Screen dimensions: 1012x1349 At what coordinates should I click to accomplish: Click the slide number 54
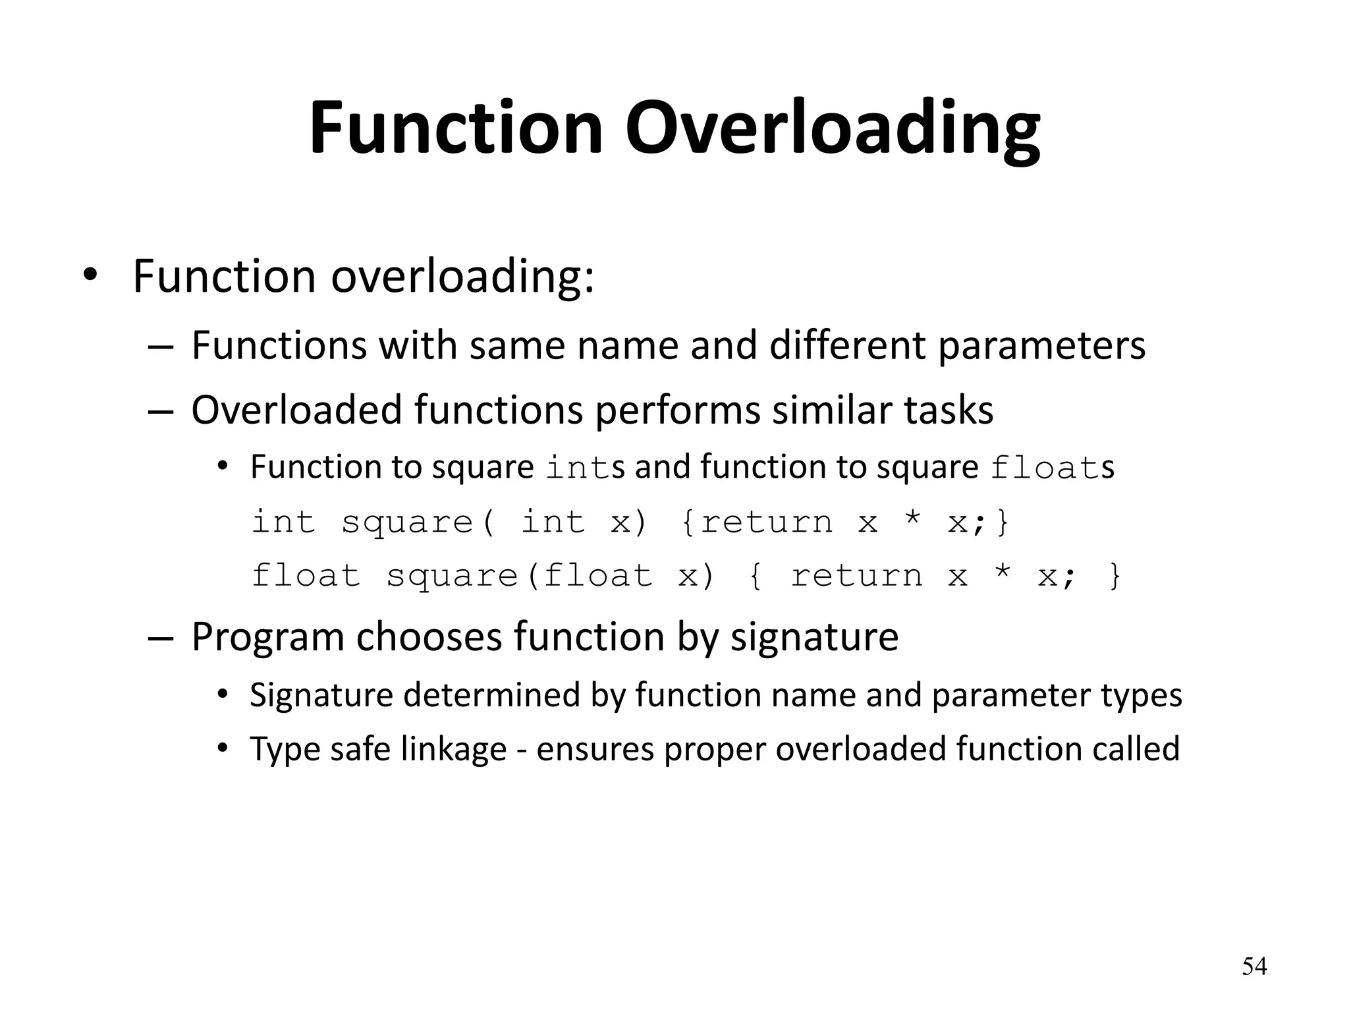(1254, 967)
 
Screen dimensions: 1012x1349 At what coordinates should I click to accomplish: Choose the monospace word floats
(1052, 468)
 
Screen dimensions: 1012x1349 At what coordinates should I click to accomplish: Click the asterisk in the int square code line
(912, 520)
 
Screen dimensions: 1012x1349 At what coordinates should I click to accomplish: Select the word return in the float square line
(856, 576)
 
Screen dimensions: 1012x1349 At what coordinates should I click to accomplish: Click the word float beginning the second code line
(306, 576)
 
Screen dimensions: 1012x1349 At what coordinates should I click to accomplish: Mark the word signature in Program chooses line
(814, 636)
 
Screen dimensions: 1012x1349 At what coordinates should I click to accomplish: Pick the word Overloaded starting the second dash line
(296, 410)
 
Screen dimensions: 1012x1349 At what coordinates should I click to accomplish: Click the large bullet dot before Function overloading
(90, 276)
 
